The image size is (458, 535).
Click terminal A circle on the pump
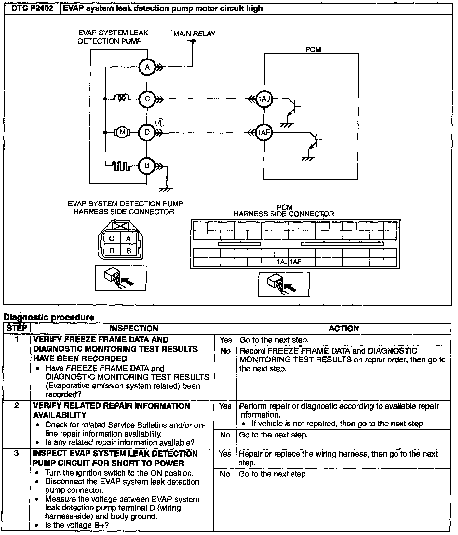[147, 67]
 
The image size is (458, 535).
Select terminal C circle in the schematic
[147, 99]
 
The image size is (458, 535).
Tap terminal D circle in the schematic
[147, 133]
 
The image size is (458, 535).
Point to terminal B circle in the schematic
[147, 166]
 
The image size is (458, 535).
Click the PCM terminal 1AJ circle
[264, 99]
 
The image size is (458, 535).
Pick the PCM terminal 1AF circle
[263, 133]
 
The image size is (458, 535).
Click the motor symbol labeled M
[123, 132]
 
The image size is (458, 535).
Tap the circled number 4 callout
[160, 123]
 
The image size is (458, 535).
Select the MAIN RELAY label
[194, 33]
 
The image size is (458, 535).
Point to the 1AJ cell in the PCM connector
[282, 262]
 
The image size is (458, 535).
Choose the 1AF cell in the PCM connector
[295, 262]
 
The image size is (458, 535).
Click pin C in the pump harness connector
[112, 238]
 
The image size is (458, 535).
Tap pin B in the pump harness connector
[129, 251]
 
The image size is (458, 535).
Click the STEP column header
[17, 328]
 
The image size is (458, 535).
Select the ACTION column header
[343, 328]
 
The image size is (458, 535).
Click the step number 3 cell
[17, 453]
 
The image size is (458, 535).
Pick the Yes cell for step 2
[225, 406]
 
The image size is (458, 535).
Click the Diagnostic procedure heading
[49, 317]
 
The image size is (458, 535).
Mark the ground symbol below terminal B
[166, 189]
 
